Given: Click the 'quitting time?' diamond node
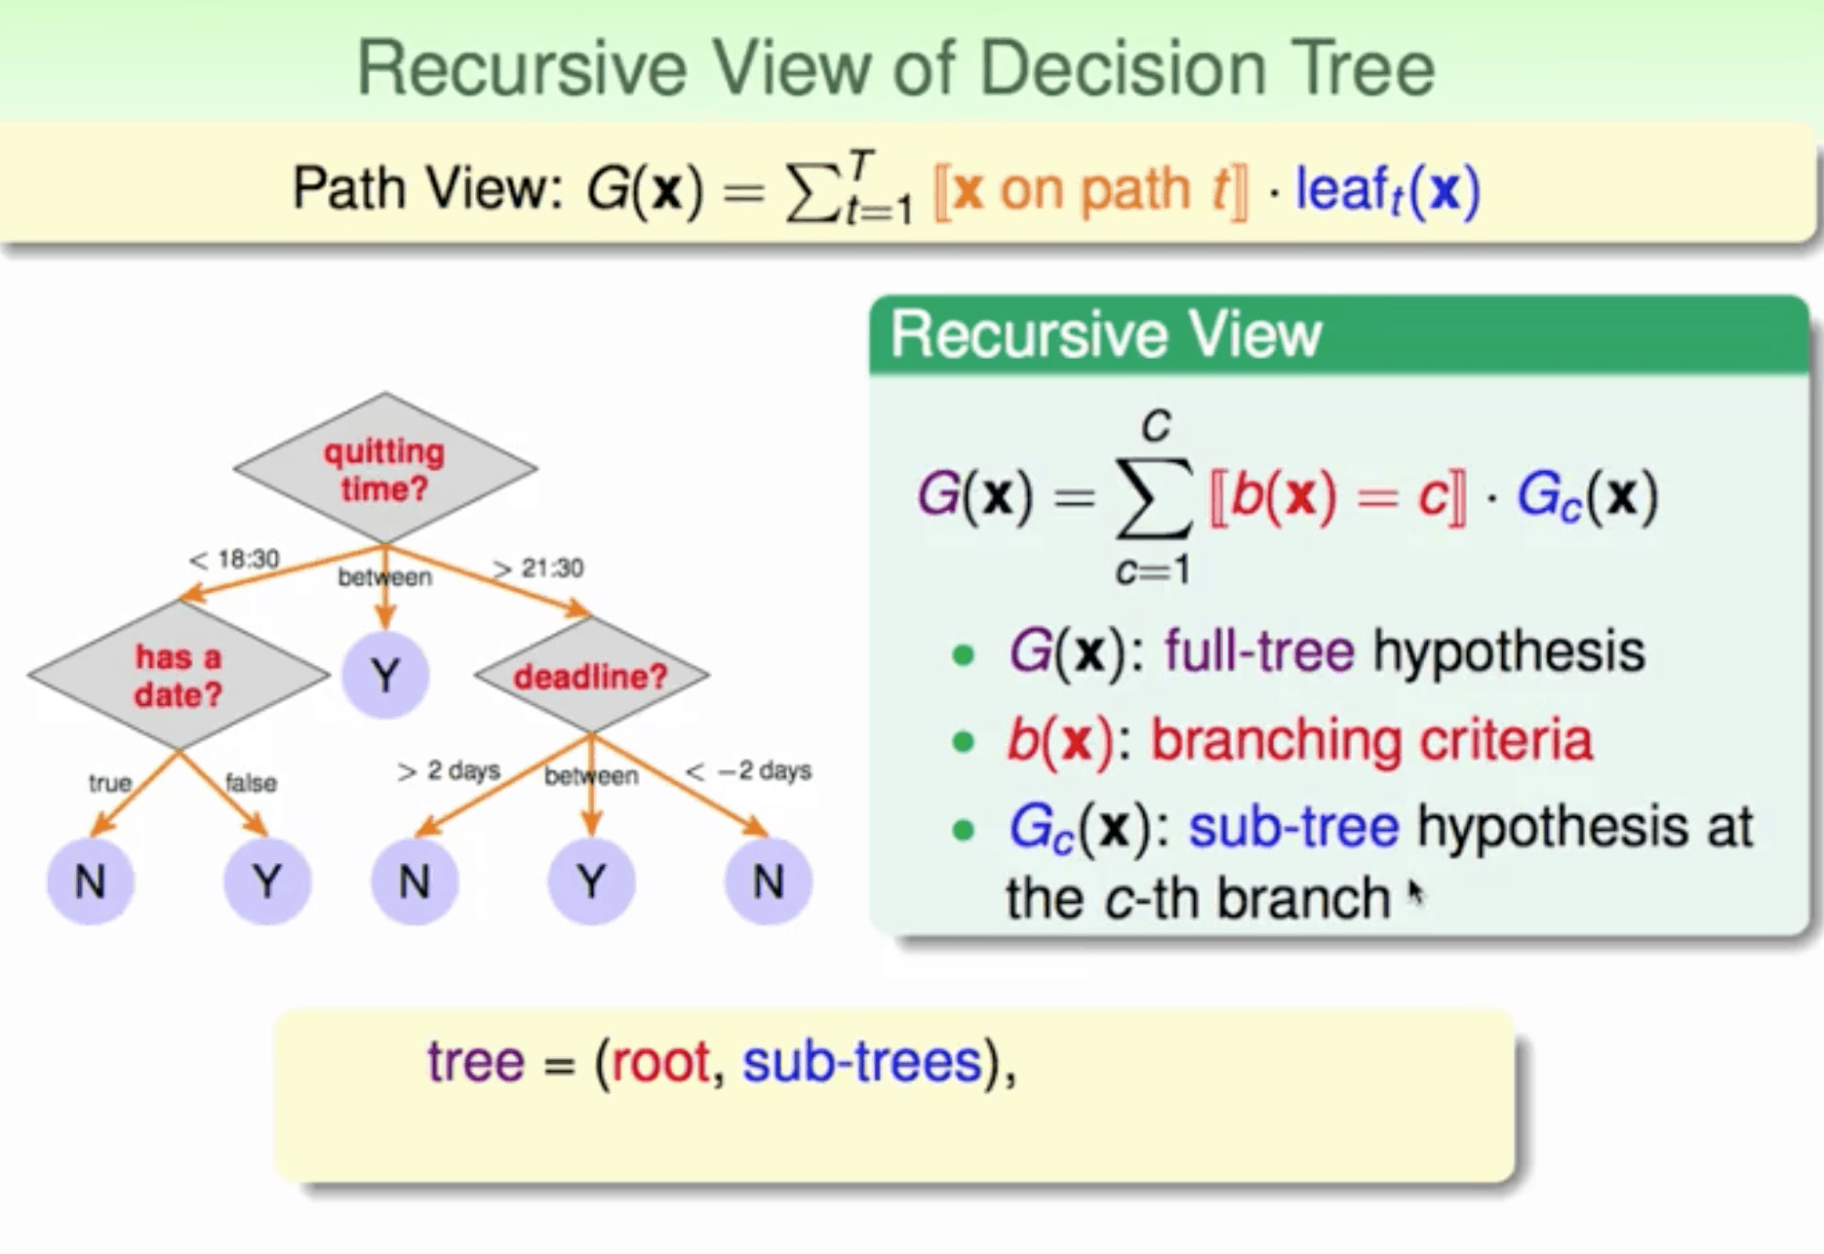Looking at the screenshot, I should tap(384, 469).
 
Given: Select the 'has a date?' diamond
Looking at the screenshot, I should tap(178, 675).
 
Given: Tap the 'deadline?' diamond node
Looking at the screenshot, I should tap(591, 675).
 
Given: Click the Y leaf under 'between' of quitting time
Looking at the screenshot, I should tap(385, 675).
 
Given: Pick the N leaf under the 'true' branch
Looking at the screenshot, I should tap(90, 882).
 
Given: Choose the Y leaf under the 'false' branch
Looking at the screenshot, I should tap(267, 882).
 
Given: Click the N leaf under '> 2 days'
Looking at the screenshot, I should tap(415, 882).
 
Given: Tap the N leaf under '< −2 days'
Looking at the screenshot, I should tap(768, 882).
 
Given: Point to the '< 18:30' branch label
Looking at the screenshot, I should tap(234, 560).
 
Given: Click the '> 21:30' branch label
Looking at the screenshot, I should tap(538, 568).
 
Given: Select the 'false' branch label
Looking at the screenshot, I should tap(251, 783).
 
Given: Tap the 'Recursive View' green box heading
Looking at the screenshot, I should tap(1105, 334).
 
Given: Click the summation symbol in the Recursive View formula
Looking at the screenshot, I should tap(1154, 497).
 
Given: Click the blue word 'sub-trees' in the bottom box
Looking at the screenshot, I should tap(862, 1061).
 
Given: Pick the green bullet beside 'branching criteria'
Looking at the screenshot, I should tap(963, 742).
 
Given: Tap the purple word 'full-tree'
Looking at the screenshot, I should tap(1259, 650).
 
